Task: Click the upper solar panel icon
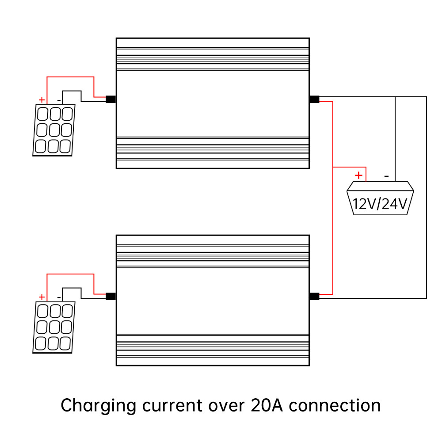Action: point(54,130)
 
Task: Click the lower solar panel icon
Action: point(54,328)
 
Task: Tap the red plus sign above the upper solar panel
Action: point(42,100)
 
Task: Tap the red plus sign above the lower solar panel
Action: point(42,297)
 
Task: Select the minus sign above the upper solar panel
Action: point(59,100)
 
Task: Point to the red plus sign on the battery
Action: point(359,175)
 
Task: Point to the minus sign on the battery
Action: point(386,176)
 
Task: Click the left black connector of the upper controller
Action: point(111,99)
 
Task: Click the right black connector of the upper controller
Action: point(314,99)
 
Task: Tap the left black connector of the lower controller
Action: point(111,297)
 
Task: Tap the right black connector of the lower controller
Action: point(314,297)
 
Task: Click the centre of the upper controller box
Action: point(213,103)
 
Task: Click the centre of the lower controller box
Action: point(213,300)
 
